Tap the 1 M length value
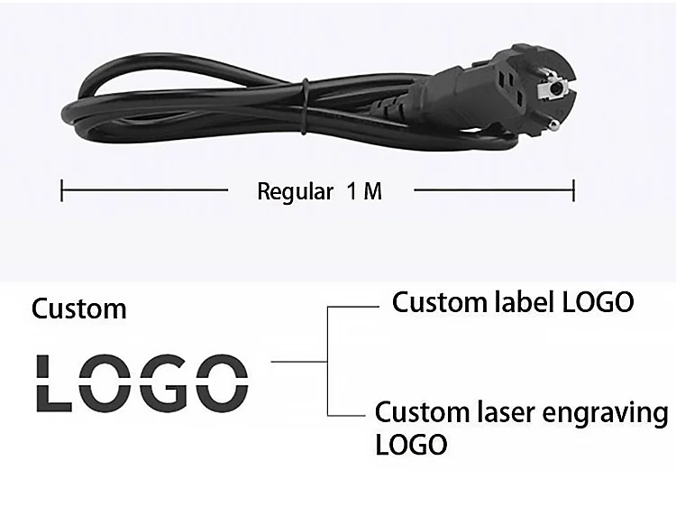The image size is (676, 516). pyautogui.click(x=364, y=192)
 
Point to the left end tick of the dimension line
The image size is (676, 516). pyautogui.click(x=61, y=190)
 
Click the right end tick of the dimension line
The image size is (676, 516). pyautogui.click(x=573, y=190)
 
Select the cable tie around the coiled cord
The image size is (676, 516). pyautogui.click(x=306, y=104)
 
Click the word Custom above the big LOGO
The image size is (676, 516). pyautogui.click(x=79, y=309)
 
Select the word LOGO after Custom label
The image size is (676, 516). pyautogui.click(x=598, y=302)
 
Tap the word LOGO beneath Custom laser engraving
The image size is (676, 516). pyautogui.click(x=410, y=444)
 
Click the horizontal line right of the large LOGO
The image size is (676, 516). pyautogui.click(x=298, y=362)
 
